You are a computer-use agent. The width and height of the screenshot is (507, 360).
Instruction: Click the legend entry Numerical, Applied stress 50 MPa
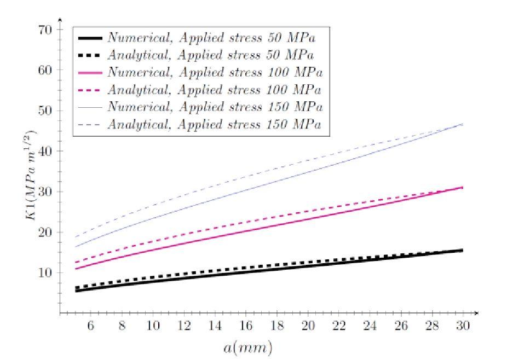pos(211,38)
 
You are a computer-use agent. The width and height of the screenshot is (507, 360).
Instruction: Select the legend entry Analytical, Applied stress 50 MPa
pos(211,55)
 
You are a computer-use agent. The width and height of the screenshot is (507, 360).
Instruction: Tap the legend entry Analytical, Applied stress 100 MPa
pos(214,89)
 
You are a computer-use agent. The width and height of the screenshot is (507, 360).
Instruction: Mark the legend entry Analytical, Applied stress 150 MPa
pos(214,124)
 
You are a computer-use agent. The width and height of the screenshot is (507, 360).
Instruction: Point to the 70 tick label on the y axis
pos(45,30)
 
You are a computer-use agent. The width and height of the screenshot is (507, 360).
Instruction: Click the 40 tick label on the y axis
pos(45,151)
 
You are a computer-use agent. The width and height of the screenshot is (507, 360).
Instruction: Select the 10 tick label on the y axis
pos(45,272)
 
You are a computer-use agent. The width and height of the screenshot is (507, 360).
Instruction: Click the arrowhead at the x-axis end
pos(476,313)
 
